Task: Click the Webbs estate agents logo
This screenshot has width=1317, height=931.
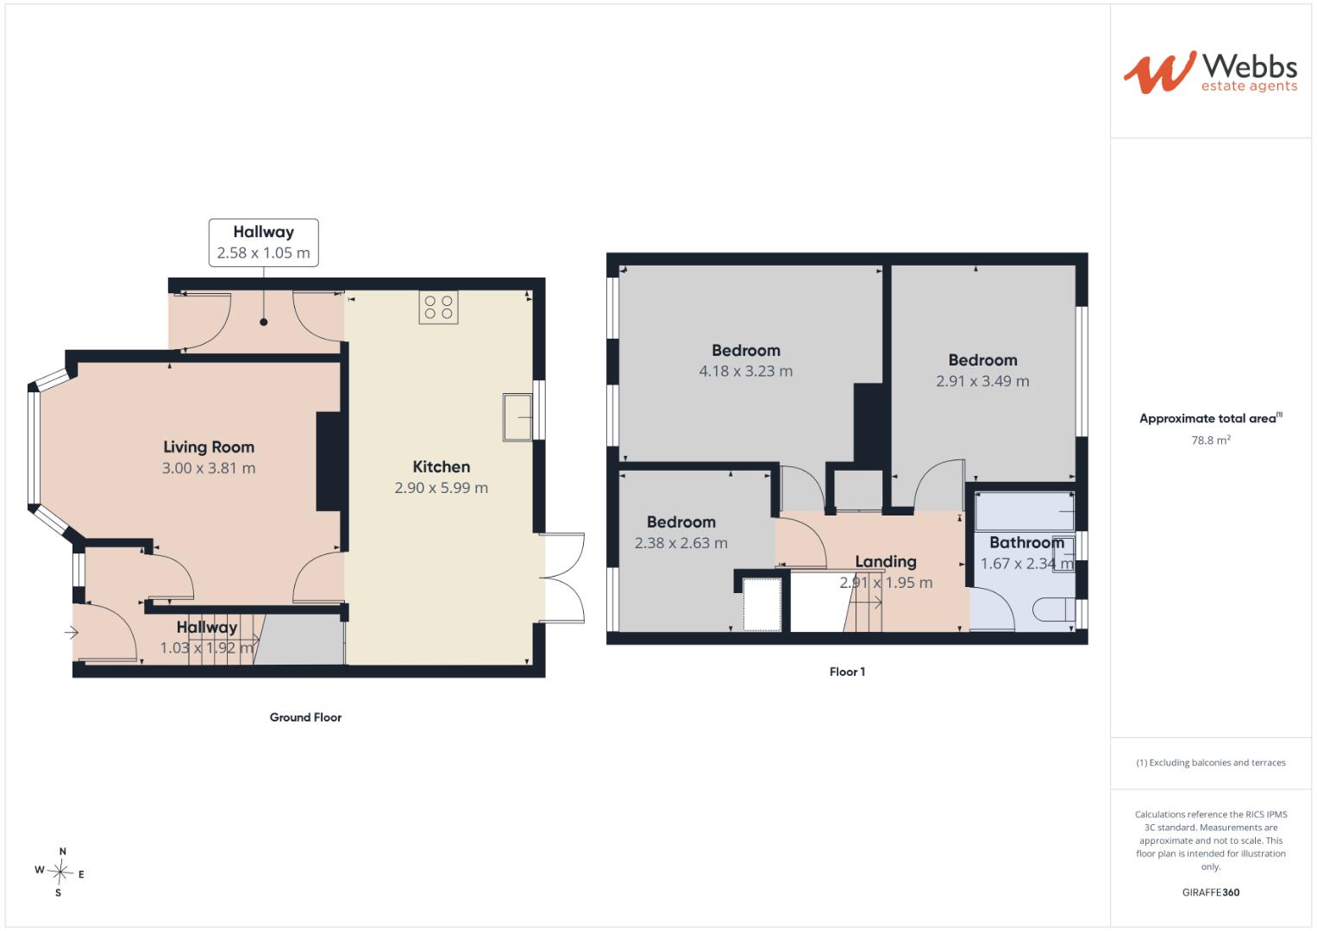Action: point(1210,72)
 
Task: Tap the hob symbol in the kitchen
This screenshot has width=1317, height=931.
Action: point(439,308)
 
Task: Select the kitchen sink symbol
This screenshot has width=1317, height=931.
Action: point(517,416)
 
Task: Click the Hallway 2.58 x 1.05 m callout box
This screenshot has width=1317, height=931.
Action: point(263,242)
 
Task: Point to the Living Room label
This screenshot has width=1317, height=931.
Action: point(209,447)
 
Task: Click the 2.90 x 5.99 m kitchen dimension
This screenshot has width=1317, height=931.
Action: point(441,488)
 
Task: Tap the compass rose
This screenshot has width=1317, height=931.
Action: point(60,872)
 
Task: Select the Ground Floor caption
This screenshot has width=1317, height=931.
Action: point(305,717)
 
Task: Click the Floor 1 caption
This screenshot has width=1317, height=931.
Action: point(847,672)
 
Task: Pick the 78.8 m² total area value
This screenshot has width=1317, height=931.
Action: point(1211,440)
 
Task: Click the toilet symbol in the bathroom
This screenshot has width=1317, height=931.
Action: point(1055,609)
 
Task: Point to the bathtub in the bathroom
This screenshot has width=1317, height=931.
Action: point(1025,511)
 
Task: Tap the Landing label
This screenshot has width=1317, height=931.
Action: point(886,562)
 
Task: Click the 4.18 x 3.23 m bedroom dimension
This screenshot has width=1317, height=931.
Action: point(745,372)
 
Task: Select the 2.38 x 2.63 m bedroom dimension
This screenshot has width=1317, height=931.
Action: point(680,543)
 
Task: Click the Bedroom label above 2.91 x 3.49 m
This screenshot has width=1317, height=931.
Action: point(982,360)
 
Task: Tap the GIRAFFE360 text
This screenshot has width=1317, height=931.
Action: point(1211,892)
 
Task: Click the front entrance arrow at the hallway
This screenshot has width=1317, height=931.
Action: point(71,633)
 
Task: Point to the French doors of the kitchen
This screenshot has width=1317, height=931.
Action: point(562,578)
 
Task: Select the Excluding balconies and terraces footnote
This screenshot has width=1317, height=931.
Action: point(1211,763)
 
